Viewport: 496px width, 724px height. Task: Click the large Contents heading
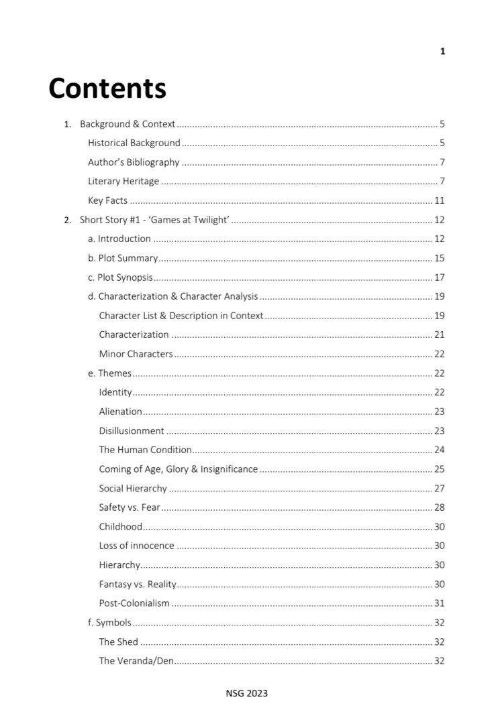click(107, 88)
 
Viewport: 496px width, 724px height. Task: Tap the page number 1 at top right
click(442, 52)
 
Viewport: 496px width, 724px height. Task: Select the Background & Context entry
click(128, 124)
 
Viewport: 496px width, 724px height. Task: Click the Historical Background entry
click(134, 143)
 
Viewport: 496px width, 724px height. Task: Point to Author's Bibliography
click(134, 162)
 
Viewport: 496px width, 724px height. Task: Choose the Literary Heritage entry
click(123, 181)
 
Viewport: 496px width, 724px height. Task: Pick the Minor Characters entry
click(136, 354)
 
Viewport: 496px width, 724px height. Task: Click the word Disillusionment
click(132, 431)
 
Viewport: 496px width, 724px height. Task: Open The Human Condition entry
click(145, 450)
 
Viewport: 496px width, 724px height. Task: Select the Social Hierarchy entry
click(133, 489)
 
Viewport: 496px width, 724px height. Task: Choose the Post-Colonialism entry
click(134, 603)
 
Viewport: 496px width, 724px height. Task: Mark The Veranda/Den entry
click(136, 661)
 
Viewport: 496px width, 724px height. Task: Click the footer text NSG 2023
click(246, 693)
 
